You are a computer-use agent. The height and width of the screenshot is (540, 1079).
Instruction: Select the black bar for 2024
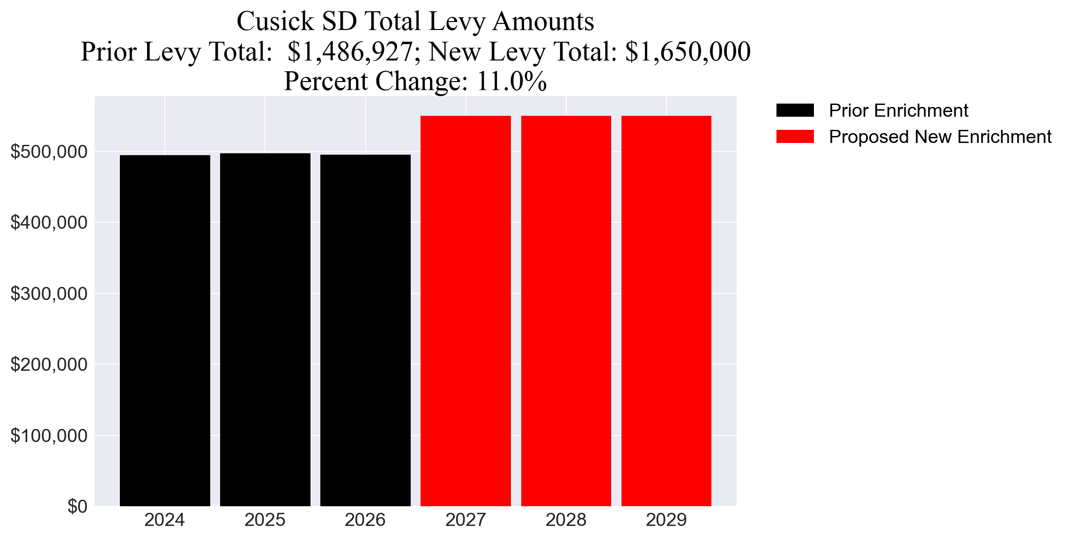pyautogui.click(x=165, y=330)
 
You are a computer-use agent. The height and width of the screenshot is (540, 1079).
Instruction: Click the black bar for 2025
pyautogui.click(x=265, y=330)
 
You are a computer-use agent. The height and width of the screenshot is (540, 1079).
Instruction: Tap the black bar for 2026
pyautogui.click(x=365, y=330)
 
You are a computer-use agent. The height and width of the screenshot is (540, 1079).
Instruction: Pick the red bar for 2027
pyautogui.click(x=466, y=311)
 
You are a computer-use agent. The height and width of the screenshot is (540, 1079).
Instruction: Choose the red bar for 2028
pyautogui.click(x=566, y=311)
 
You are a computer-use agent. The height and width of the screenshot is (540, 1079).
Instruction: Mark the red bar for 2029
pyautogui.click(x=666, y=311)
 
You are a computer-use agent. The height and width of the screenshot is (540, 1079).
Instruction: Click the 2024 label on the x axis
pyautogui.click(x=165, y=520)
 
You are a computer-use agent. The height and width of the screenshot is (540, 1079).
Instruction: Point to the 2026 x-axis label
pyautogui.click(x=365, y=520)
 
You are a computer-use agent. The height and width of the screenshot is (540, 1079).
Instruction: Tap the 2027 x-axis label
pyautogui.click(x=466, y=520)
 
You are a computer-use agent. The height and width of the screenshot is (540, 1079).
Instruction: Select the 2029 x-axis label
pyautogui.click(x=666, y=520)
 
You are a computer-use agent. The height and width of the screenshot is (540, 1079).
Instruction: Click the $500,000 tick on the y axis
pyautogui.click(x=49, y=152)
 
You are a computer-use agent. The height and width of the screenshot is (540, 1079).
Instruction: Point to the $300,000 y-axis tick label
pyautogui.click(x=49, y=294)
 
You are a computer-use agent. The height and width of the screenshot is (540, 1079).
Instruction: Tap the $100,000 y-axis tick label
pyautogui.click(x=49, y=436)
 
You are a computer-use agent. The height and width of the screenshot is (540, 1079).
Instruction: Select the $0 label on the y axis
pyautogui.click(x=77, y=507)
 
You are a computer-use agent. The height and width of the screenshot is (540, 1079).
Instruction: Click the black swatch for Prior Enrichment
pyautogui.click(x=795, y=111)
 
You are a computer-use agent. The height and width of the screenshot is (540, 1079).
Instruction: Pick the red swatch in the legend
pyautogui.click(x=795, y=137)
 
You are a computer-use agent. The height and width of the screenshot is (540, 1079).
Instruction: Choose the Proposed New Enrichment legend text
pyautogui.click(x=940, y=137)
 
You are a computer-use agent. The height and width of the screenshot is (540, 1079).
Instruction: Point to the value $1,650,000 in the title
pyautogui.click(x=687, y=52)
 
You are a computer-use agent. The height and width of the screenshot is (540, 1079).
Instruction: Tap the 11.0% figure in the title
pyautogui.click(x=511, y=81)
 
